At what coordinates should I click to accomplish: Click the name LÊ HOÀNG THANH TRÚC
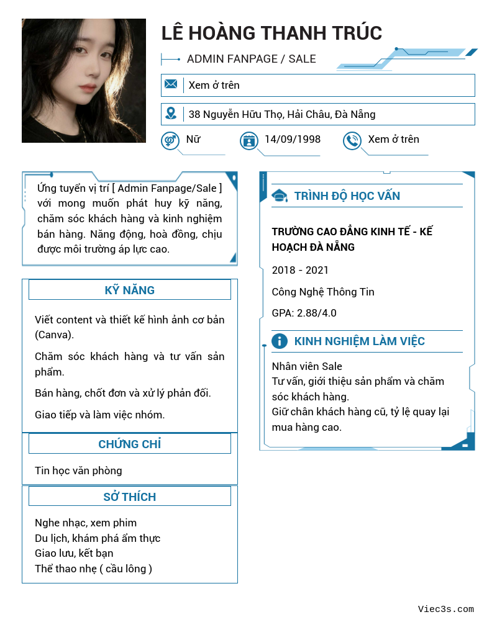click(271, 33)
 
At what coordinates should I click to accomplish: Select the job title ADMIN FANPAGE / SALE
click(251, 59)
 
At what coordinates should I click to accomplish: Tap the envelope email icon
click(171, 84)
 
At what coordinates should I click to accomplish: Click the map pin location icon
click(171, 114)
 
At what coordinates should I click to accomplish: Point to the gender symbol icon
click(170, 140)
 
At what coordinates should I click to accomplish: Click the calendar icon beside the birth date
click(248, 140)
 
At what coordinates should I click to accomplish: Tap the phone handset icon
click(352, 140)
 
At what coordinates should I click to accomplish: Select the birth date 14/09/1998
click(292, 139)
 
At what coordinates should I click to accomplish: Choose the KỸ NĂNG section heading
click(129, 290)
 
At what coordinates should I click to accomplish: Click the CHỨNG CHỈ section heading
click(129, 444)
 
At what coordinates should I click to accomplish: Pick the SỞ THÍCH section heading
click(129, 497)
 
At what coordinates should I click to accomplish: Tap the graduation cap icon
click(280, 196)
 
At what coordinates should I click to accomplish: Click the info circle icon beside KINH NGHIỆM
click(280, 341)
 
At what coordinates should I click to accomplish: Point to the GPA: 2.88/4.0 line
click(304, 313)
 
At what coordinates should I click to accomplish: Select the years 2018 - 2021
click(300, 270)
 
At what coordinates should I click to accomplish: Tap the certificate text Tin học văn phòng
click(78, 471)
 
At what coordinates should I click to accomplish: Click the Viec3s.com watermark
click(445, 609)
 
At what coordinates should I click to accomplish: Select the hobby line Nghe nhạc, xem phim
click(86, 523)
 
